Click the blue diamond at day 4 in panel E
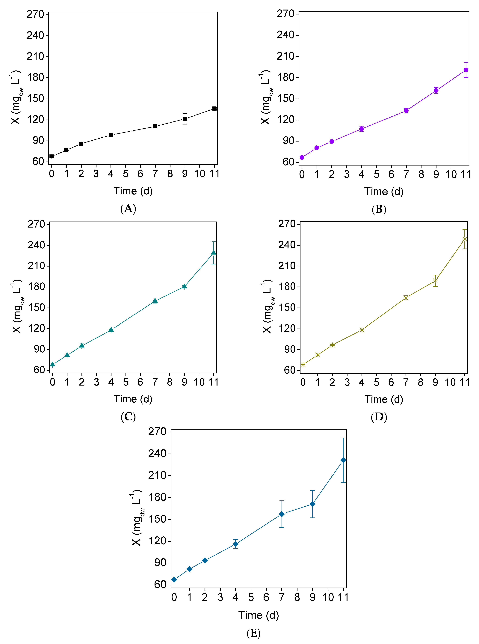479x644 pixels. [x=235, y=544]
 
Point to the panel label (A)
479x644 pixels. [x=128, y=209]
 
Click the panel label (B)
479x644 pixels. [x=379, y=209]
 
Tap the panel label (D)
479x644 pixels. [x=379, y=417]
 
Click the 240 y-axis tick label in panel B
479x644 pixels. [x=286, y=35]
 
